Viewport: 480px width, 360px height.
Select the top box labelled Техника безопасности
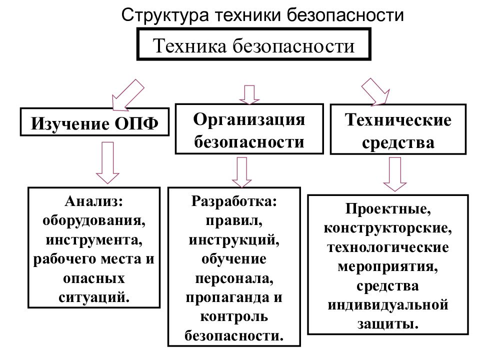click(254, 44)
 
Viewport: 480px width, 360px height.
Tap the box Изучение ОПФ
click(94, 122)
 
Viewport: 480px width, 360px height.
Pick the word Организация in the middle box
click(249, 119)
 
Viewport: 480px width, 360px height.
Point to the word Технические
click(398, 119)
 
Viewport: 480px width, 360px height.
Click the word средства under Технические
click(398, 142)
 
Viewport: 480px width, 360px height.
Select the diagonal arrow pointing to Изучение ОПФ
click(127, 95)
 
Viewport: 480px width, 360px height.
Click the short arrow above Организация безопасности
click(249, 94)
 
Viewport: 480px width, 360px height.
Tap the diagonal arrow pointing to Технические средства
click(376, 92)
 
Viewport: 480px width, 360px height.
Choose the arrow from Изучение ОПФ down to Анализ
click(107, 162)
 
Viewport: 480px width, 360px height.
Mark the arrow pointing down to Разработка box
click(242, 172)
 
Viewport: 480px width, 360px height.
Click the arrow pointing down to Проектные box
click(395, 174)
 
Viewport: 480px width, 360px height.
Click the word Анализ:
click(94, 201)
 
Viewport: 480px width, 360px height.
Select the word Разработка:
click(234, 201)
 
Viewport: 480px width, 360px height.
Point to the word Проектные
click(388, 209)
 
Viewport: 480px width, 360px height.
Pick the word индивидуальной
click(388, 305)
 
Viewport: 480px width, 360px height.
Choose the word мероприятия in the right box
click(388, 266)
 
